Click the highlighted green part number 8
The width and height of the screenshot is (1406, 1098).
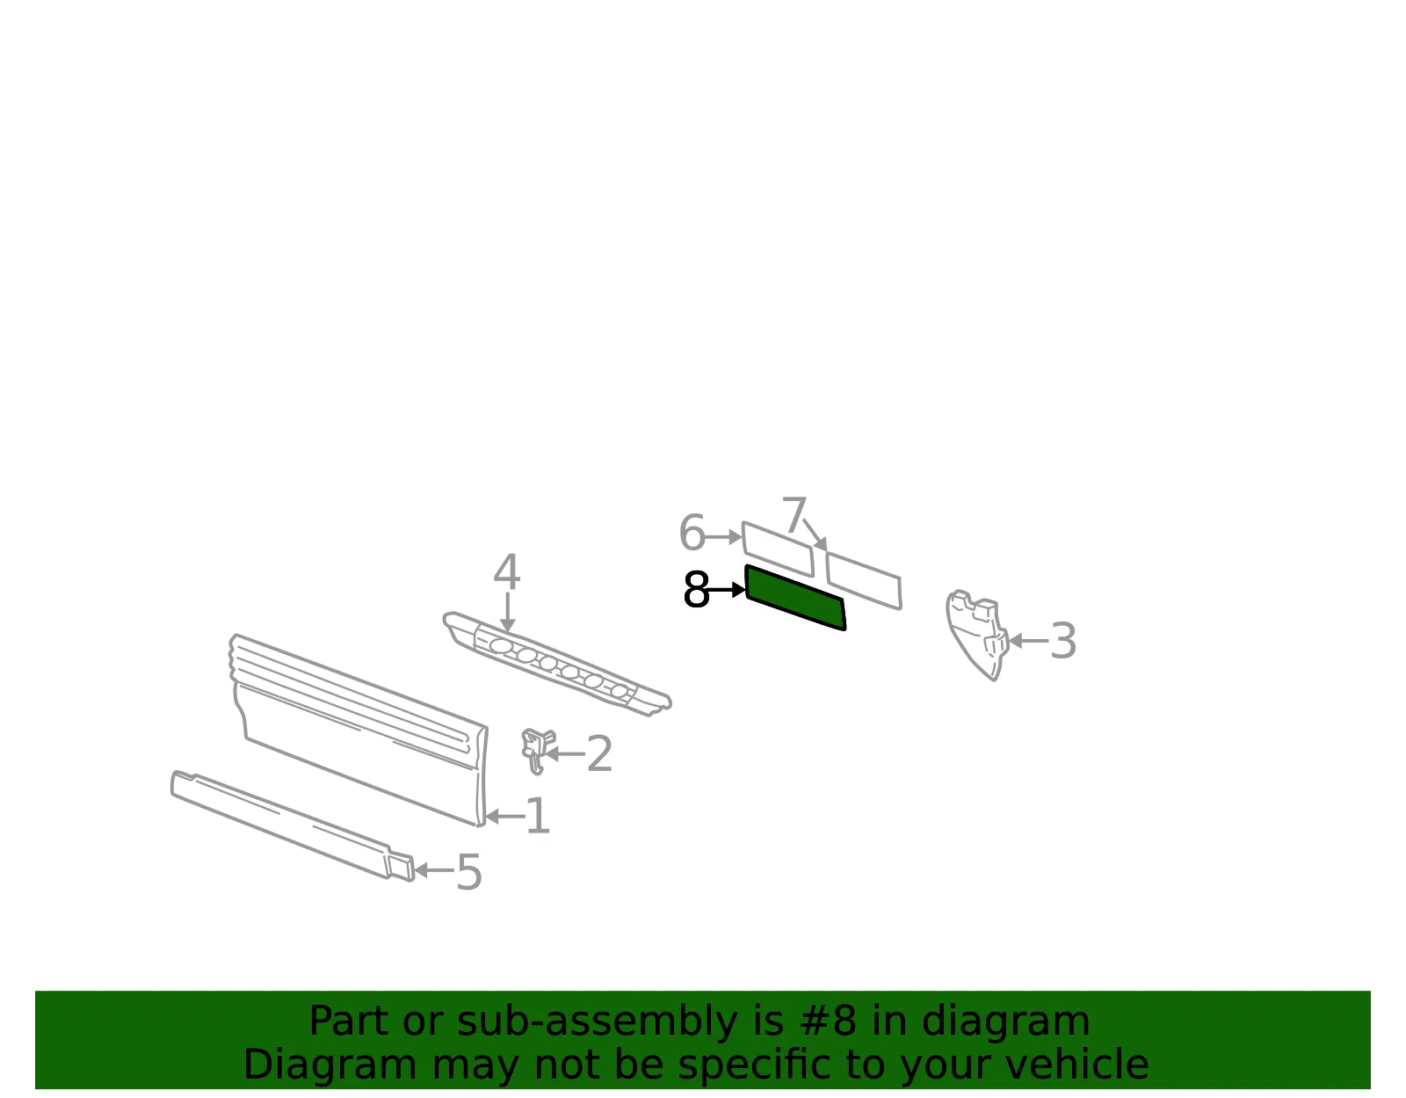click(x=795, y=597)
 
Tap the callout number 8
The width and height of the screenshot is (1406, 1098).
click(x=696, y=590)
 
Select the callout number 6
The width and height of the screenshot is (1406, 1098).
click(x=692, y=533)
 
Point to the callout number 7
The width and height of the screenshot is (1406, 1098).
click(x=794, y=515)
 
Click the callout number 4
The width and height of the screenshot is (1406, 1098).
click(x=507, y=571)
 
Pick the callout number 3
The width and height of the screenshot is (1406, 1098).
click(x=1063, y=641)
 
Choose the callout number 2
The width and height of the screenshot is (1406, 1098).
click(x=599, y=753)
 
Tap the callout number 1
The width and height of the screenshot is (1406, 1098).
click(x=538, y=816)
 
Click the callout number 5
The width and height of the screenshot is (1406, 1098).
click(x=469, y=871)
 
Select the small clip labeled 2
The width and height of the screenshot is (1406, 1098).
click(x=536, y=749)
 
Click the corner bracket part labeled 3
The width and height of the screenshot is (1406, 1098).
click(x=975, y=633)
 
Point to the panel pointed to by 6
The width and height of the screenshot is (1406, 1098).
click(x=778, y=549)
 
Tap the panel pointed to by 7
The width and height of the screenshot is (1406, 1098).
click(x=864, y=580)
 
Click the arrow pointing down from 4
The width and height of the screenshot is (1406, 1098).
click(x=507, y=612)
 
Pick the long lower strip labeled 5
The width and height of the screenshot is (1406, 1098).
click(x=291, y=825)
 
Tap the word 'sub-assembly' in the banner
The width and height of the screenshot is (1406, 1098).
click(x=597, y=1021)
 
